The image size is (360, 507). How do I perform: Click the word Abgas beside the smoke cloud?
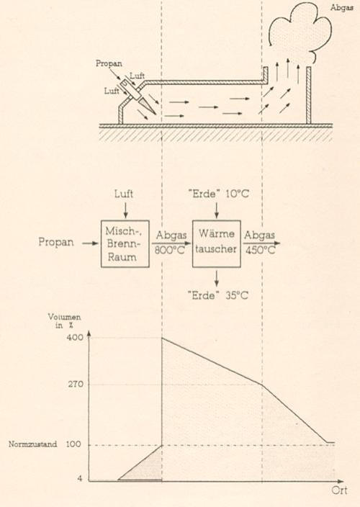(341, 7)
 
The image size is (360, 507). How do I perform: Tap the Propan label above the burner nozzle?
(109, 63)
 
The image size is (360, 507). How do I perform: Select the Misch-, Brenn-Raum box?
(125, 244)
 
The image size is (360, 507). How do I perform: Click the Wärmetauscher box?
(217, 244)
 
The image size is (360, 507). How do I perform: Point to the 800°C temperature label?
(169, 250)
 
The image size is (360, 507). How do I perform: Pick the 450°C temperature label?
(261, 250)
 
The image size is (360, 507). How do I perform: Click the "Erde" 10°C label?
(218, 194)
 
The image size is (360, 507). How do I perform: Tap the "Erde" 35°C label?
(218, 295)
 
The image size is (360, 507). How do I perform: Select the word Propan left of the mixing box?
(56, 242)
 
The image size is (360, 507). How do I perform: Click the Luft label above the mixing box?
(124, 194)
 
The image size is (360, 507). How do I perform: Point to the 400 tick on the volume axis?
(76, 337)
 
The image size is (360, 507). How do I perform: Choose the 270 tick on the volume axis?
(76, 384)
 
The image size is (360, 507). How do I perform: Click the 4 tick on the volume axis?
(80, 478)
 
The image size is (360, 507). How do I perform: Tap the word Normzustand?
(32, 444)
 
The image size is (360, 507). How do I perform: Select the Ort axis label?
(339, 490)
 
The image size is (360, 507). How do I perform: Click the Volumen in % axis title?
(64, 320)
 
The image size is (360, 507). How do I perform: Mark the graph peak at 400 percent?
(162, 338)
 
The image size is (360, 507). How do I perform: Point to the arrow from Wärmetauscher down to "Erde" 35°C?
(217, 278)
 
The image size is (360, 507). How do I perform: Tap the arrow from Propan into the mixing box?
(90, 243)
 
